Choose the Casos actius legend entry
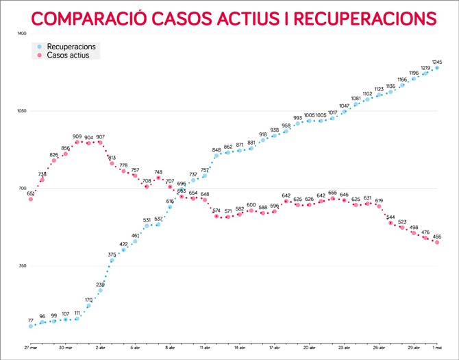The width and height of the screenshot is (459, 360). click(68, 55)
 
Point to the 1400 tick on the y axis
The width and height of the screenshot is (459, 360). click(22, 34)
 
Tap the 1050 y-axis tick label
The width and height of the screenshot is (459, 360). click(22, 111)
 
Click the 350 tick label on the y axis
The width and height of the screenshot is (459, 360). click(22, 266)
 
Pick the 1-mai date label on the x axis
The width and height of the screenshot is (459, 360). click(436, 348)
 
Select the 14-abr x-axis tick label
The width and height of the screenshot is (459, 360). click(239, 348)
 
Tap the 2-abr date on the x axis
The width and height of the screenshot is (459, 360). click(100, 348)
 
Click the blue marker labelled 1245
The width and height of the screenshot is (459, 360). click(436, 68)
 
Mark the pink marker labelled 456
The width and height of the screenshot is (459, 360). click(436, 242)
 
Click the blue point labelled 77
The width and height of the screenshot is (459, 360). click(31, 326)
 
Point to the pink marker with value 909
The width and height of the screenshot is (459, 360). click(77, 142)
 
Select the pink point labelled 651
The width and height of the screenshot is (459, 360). click(31, 199)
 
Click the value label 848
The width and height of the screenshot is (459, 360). click(216, 149)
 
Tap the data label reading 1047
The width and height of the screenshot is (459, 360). click(345, 106)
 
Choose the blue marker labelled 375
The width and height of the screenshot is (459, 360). click(112, 260)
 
